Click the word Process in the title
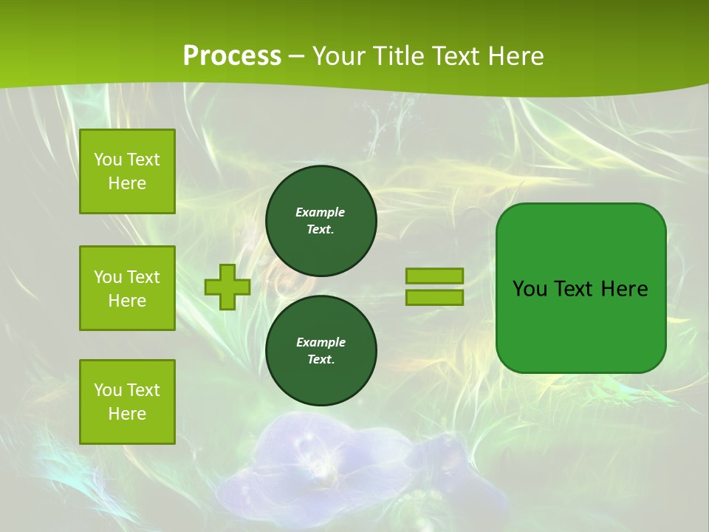point(232,56)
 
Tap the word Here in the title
point(514,56)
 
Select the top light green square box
point(127,171)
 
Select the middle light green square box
point(127,288)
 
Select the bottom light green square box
point(127,402)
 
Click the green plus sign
point(227,287)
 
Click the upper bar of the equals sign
point(435,276)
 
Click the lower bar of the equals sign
point(435,298)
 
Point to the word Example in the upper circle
point(321,212)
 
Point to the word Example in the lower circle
point(321,342)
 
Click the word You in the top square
point(108,160)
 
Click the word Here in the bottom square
point(127,414)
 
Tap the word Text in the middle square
point(143,277)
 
